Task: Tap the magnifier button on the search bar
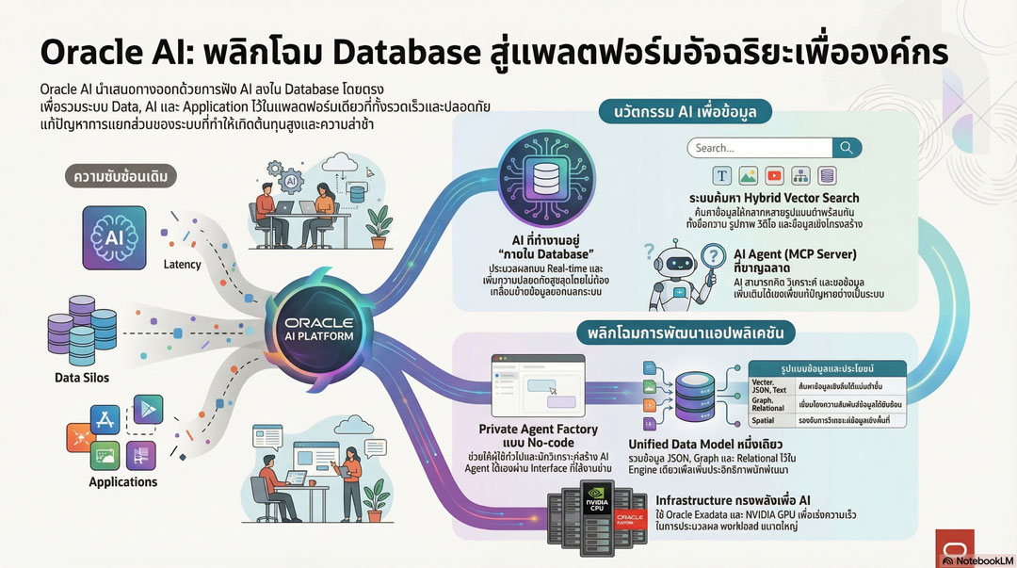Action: (847, 148)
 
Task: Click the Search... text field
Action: (758, 148)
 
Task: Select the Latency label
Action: (183, 265)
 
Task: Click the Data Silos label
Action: (81, 378)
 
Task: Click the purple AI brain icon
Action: (114, 235)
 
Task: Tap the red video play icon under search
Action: (774, 176)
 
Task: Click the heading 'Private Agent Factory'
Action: (538, 430)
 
